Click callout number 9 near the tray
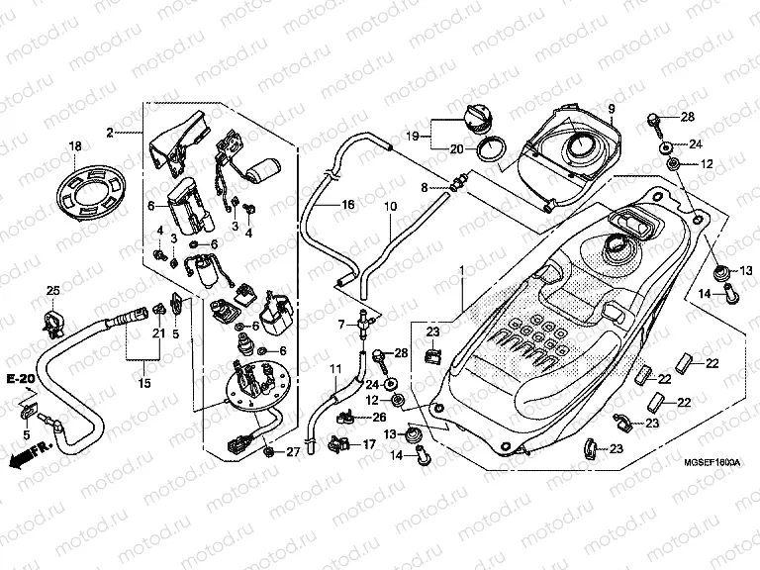[x=611, y=107]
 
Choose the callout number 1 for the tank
[x=460, y=242]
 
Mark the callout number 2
[x=111, y=133]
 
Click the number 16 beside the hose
[x=347, y=205]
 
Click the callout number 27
[x=292, y=453]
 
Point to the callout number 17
[x=368, y=445]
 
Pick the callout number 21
[x=158, y=333]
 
